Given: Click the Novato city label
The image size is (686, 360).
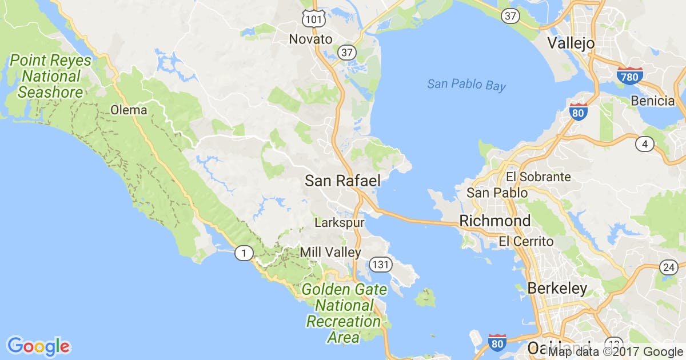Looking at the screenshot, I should click(x=310, y=39).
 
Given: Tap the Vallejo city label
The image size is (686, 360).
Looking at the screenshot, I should click(x=571, y=43).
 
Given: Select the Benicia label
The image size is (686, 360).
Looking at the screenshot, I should click(x=653, y=101).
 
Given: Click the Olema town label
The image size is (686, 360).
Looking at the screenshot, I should click(x=129, y=110).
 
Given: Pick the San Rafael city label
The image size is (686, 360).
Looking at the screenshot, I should click(x=342, y=181).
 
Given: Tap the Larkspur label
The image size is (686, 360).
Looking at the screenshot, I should click(x=340, y=221).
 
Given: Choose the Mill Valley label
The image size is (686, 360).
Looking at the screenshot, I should click(x=330, y=252).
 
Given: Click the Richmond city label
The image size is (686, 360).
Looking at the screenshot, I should click(x=494, y=221).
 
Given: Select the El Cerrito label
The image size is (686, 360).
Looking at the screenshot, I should click(x=526, y=242).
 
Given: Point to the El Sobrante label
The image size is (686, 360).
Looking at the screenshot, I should click(x=538, y=177).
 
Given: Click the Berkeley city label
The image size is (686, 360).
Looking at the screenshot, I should click(x=557, y=288).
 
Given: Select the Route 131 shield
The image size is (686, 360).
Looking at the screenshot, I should click(x=380, y=264).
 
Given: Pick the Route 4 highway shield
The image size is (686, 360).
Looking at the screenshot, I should click(x=645, y=144).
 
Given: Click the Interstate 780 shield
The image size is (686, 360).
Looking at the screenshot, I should click(x=629, y=76).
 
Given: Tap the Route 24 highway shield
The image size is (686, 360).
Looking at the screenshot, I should click(x=668, y=267).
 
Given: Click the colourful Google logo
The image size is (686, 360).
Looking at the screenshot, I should click(x=38, y=346).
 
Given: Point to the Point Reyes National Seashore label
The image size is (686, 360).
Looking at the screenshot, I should click(x=49, y=75).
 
